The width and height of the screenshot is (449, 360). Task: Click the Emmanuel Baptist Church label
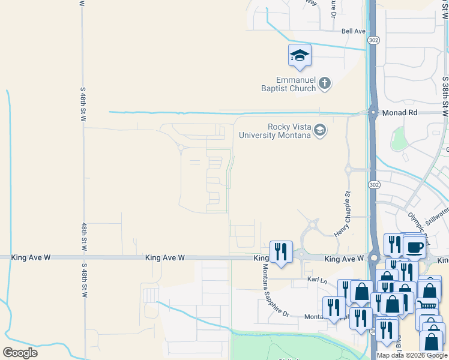[296, 84]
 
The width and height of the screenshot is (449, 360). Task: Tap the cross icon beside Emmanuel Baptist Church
[324, 83]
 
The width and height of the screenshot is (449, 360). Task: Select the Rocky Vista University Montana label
[275, 131]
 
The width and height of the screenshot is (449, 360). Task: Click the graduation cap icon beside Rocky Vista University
[320, 130]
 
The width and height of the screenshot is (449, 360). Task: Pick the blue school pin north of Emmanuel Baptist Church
[300, 58]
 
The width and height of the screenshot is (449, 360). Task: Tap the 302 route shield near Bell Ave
[374, 40]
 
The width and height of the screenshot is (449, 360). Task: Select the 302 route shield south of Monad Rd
[373, 184]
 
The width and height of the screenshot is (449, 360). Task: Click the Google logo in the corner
[20, 353]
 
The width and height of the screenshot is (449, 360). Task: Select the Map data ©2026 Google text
[412, 355]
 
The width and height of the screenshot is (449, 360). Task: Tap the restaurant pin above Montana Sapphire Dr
[281, 252]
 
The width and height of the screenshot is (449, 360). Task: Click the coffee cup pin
[414, 246]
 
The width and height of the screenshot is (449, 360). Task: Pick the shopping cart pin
[427, 305]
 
